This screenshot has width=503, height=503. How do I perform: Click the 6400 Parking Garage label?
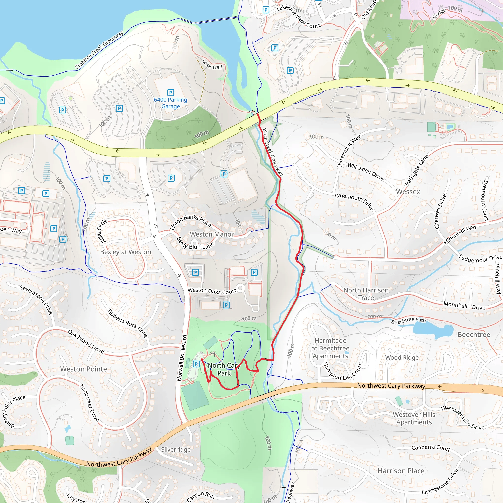[x=170, y=103]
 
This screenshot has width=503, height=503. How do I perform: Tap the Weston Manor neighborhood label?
[x=212, y=234]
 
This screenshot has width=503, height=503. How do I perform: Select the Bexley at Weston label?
[x=126, y=252]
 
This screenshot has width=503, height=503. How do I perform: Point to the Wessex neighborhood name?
[x=408, y=192]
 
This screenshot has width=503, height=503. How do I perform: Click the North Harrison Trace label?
[x=366, y=294]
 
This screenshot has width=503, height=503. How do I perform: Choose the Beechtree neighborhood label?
[x=474, y=335]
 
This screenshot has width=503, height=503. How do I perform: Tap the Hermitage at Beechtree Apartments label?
[x=330, y=348]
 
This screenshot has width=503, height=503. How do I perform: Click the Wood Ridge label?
[x=402, y=357]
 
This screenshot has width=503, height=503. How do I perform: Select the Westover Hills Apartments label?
[x=414, y=418]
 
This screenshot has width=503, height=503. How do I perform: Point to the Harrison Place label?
[x=401, y=471]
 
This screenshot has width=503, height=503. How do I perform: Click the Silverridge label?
[x=176, y=450]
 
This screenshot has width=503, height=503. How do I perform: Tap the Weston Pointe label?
[x=84, y=369]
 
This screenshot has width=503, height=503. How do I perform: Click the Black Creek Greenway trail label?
[x=272, y=152]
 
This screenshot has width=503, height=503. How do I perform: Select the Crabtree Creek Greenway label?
[x=99, y=50]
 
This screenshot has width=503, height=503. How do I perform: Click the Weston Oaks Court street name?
[x=212, y=291]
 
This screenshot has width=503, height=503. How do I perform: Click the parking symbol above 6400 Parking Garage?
[x=170, y=92]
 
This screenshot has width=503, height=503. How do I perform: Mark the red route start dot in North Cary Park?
[x=202, y=360]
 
